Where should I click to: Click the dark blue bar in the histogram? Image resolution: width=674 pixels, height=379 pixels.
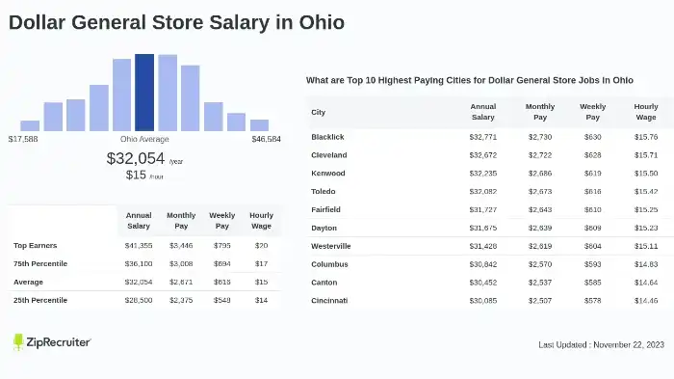click(144, 92)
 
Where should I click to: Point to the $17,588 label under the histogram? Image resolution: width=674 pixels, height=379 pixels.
click(23, 140)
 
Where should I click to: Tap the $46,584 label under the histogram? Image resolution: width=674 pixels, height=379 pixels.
click(266, 140)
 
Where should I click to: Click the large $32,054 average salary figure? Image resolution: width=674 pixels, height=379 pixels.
click(136, 159)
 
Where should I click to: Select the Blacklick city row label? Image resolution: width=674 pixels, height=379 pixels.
click(327, 137)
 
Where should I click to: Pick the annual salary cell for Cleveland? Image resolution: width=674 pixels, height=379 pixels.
click(482, 155)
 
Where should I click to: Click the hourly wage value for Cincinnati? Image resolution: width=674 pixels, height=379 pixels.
click(645, 301)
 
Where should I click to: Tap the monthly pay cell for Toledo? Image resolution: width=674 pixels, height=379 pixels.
click(540, 192)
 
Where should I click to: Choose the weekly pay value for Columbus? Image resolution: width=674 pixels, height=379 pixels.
click(592, 264)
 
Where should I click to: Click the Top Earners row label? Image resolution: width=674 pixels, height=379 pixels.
click(34, 246)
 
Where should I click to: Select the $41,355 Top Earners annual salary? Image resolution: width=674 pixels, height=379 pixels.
click(139, 246)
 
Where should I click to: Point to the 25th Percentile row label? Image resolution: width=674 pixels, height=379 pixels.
click(39, 300)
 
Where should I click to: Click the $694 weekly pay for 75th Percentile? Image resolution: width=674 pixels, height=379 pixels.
click(221, 263)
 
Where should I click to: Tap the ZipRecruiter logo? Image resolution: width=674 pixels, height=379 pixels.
click(52, 342)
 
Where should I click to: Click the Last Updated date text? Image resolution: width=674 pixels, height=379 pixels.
click(600, 345)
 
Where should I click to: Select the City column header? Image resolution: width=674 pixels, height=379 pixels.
click(319, 112)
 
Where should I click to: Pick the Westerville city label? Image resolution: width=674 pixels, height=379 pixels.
click(331, 246)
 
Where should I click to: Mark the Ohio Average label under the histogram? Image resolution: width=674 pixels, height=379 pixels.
click(144, 140)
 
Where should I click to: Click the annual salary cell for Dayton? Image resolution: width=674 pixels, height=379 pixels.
click(482, 228)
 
